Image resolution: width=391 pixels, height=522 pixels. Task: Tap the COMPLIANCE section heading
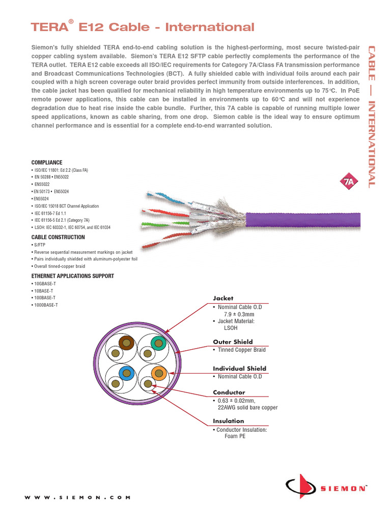(47, 162)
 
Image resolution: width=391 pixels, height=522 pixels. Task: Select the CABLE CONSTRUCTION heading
(58, 237)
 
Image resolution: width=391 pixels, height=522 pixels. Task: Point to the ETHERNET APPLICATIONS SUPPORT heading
(73, 276)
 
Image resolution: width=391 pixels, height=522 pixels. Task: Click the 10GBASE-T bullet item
(45, 283)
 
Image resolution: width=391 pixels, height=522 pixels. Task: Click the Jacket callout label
(222, 298)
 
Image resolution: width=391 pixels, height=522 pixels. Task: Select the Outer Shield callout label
(233, 342)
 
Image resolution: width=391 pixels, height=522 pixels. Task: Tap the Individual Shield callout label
(239, 368)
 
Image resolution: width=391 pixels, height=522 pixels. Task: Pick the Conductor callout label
(229, 393)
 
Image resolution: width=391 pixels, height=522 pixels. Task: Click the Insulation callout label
(228, 421)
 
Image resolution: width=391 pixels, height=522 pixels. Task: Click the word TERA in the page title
(49, 27)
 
